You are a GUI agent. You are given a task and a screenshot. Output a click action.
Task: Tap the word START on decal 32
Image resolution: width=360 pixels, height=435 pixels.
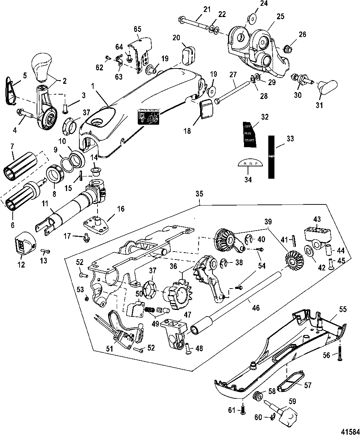pyautogui.click(x=249, y=140)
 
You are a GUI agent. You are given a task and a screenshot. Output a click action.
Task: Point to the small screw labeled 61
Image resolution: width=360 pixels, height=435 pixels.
pyautogui.click(x=243, y=410)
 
